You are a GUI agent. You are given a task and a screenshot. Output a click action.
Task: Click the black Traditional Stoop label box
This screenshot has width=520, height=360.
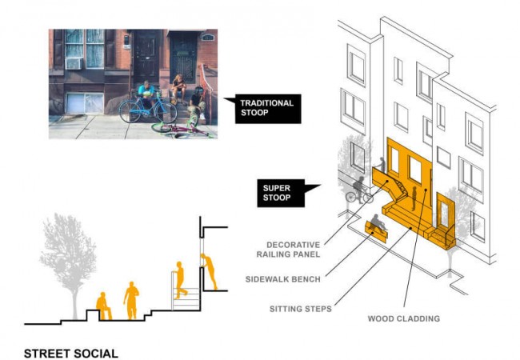268,108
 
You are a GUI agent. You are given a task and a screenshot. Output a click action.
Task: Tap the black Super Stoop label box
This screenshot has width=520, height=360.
282,193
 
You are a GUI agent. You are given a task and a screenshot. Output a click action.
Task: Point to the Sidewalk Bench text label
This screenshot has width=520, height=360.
283,279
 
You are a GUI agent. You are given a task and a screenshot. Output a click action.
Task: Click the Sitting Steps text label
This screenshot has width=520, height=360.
301,309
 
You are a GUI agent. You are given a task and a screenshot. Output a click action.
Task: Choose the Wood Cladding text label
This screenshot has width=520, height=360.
403,318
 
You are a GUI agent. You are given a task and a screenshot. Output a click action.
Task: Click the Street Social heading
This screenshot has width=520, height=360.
71,354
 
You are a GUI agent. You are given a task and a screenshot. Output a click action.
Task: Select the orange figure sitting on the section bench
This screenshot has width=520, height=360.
103,306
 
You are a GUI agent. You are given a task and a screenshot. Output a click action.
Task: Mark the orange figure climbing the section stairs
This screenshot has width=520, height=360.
181,280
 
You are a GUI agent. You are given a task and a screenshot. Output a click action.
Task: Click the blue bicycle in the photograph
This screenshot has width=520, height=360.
147,107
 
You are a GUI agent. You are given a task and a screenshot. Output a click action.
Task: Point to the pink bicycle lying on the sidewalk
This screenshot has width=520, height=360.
180,129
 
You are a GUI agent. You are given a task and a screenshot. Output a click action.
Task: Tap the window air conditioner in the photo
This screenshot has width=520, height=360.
74,63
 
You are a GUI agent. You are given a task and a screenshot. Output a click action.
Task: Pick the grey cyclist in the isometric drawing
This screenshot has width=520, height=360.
359,190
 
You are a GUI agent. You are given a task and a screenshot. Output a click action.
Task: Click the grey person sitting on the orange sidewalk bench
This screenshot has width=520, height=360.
378,222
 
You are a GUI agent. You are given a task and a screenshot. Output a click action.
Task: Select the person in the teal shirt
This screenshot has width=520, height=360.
146,94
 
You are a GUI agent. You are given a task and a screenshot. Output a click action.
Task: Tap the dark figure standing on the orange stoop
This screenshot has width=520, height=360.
414,198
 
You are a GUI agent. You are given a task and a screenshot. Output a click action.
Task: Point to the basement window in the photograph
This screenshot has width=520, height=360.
85,103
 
